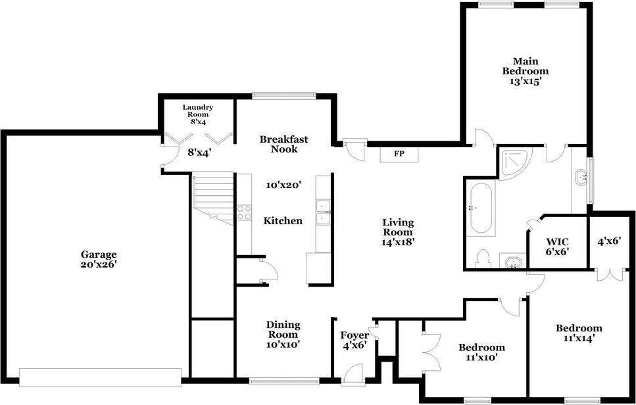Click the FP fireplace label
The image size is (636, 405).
pyautogui.click(x=399, y=155)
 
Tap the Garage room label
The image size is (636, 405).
pyautogui.click(x=99, y=254)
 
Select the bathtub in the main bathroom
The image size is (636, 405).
pyautogui.click(x=479, y=208)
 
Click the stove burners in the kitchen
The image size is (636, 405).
pyautogui.click(x=243, y=212)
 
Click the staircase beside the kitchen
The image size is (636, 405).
pyautogui.click(x=212, y=195)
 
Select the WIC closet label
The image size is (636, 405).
pyautogui.click(x=556, y=241)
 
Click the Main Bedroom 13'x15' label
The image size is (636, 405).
pyautogui.click(x=525, y=71)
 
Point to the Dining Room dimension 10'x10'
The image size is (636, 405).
pyautogui.click(x=283, y=344)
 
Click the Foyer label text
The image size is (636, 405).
pyautogui.click(x=354, y=335)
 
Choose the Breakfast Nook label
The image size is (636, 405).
pyautogui.click(x=283, y=144)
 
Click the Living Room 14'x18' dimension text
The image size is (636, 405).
pyautogui.click(x=398, y=241)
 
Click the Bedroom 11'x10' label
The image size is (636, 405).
pyautogui.click(x=481, y=352)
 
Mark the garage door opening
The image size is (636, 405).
pyautogui.click(x=100, y=377)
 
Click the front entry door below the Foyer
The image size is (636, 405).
pyautogui.click(x=353, y=378)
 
